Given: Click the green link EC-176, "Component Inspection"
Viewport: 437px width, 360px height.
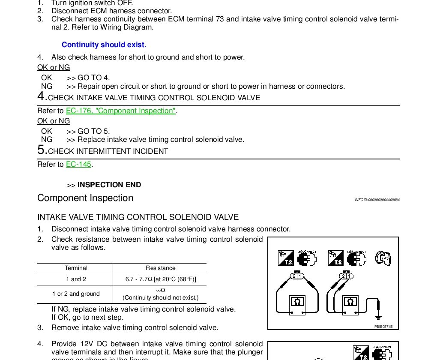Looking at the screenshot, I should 120,111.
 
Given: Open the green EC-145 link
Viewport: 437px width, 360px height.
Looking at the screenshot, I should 79,165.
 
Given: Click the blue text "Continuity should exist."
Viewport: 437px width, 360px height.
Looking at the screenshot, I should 104,45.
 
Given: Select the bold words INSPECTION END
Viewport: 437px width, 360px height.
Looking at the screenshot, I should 109,185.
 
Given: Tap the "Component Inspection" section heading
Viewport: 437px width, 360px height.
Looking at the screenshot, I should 85,198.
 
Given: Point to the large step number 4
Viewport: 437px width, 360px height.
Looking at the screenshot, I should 42,96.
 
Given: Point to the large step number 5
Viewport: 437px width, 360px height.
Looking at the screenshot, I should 42,150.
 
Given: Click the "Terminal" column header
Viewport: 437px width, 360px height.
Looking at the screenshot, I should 76,268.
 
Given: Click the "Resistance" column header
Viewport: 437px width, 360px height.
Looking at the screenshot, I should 160,268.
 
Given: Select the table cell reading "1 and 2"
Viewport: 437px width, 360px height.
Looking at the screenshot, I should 76,279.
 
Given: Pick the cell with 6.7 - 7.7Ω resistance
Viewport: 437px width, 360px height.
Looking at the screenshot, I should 160,279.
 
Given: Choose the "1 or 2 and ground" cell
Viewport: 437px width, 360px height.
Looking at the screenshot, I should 76,294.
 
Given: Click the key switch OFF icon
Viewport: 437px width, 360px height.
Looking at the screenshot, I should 383,258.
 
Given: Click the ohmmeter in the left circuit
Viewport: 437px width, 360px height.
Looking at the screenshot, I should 297,302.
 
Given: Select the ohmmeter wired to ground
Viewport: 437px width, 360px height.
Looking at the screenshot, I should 350,302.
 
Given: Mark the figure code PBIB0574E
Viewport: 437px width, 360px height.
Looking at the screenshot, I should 383,327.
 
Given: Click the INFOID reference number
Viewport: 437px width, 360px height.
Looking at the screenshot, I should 377,200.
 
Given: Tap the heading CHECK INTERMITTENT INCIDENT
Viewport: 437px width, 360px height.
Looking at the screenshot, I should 108,152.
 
